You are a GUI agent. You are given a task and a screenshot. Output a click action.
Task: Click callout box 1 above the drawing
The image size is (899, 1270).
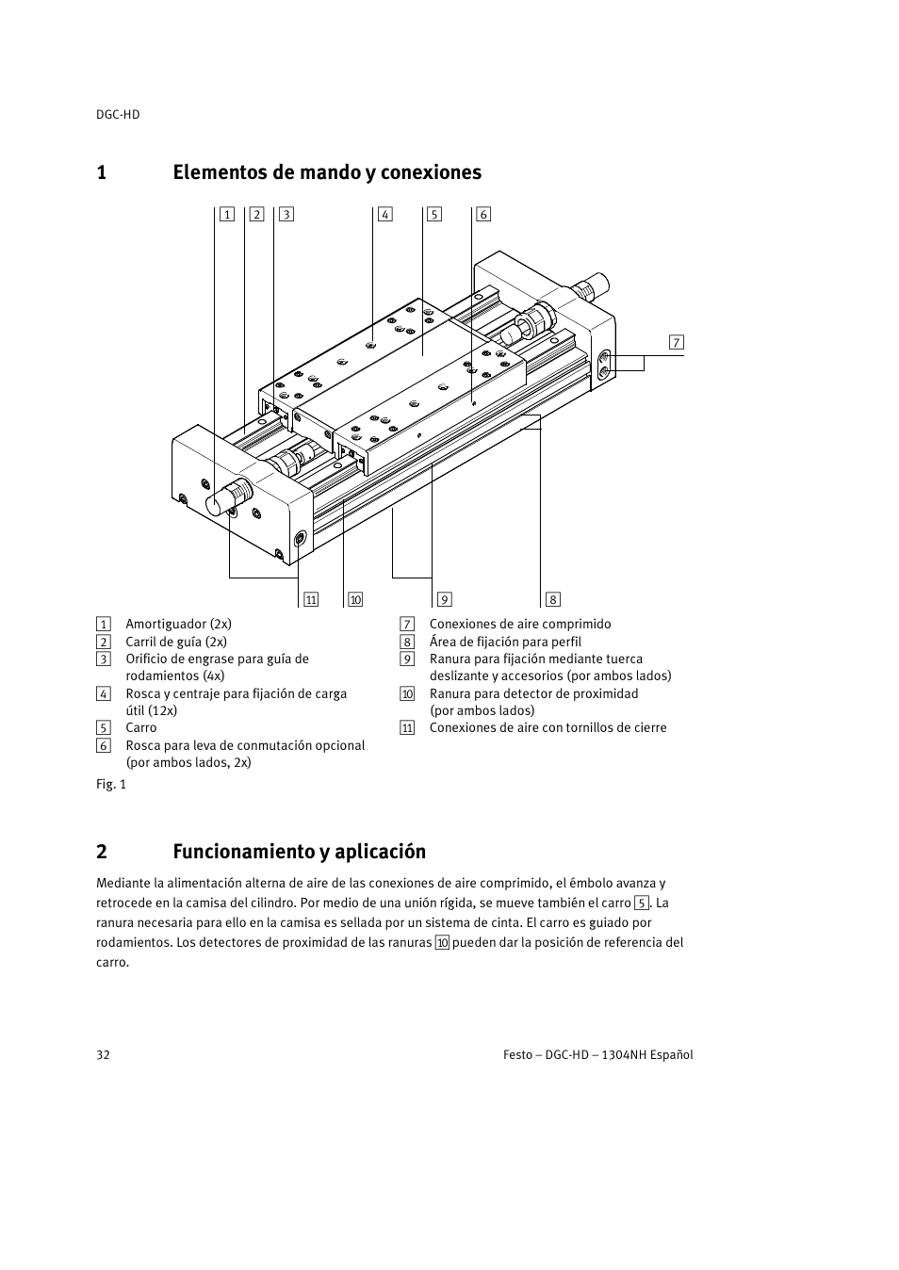pyautogui.click(x=227, y=214)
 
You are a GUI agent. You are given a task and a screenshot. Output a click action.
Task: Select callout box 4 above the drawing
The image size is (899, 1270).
pyautogui.click(x=384, y=214)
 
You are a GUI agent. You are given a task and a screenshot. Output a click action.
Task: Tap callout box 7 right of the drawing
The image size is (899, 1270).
pyautogui.click(x=676, y=342)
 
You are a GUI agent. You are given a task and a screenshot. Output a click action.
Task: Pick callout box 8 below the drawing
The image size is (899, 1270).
pyautogui.click(x=552, y=599)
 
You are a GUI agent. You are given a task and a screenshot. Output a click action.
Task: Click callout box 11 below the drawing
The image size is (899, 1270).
pyautogui.click(x=311, y=599)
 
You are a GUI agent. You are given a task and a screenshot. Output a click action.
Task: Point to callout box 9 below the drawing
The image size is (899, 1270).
pyautogui.click(x=444, y=599)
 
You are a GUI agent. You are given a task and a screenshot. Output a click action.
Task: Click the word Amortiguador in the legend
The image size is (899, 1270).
pyautogui.click(x=166, y=624)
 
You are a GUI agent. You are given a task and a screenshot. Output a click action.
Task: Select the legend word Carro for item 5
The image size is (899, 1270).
pyautogui.click(x=141, y=727)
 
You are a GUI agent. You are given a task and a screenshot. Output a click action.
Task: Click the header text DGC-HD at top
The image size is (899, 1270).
pyautogui.click(x=118, y=114)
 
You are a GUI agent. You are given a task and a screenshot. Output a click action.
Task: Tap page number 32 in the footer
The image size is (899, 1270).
pyautogui.click(x=103, y=1054)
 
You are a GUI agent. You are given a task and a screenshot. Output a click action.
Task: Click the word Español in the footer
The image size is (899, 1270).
pyautogui.click(x=667, y=1054)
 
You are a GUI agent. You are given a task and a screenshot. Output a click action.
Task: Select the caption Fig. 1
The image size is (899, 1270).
pyautogui.click(x=111, y=784)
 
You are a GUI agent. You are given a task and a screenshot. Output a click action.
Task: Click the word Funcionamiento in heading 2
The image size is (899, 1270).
pyautogui.click(x=243, y=852)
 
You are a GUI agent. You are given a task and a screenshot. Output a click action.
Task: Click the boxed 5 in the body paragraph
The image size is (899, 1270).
pyautogui.click(x=642, y=904)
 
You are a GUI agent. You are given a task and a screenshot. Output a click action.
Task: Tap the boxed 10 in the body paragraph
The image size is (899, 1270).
pyautogui.click(x=442, y=943)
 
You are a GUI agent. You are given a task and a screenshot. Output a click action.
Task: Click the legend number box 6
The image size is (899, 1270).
pyautogui.click(x=104, y=746)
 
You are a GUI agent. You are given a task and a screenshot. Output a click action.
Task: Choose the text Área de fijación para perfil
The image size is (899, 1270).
pyautogui.click(x=505, y=642)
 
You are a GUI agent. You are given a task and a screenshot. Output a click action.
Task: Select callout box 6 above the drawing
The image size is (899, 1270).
pyautogui.click(x=483, y=214)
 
